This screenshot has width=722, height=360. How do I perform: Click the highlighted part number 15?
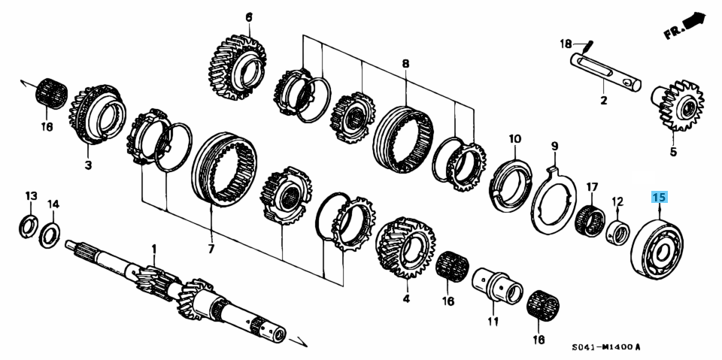click(659, 198)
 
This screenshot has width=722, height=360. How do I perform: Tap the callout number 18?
click(565, 44)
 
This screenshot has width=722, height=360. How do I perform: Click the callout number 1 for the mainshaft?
click(154, 249)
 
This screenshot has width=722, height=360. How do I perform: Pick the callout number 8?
click(405, 64)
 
